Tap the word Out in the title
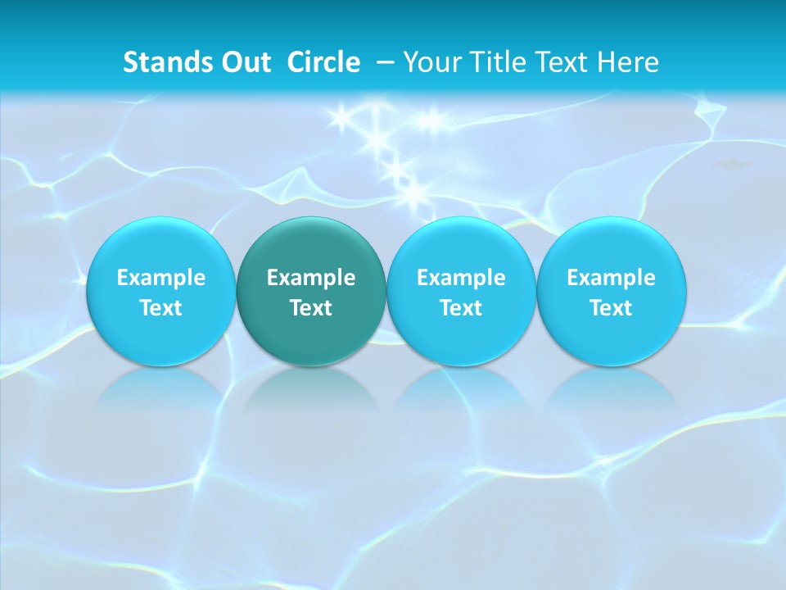[x=244, y=62]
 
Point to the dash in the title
[x=384, y=63]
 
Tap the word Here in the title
[x=627, y=62]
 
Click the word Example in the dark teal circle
[x=311, y=278]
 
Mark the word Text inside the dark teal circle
[x=311, y=308]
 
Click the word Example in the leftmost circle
[x=161, y=278]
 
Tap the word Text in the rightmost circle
[x=612, y=308]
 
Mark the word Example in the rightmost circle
[x=612, y=278]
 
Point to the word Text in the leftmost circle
[x=161, y=308]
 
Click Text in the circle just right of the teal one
[x=461, y=308]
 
